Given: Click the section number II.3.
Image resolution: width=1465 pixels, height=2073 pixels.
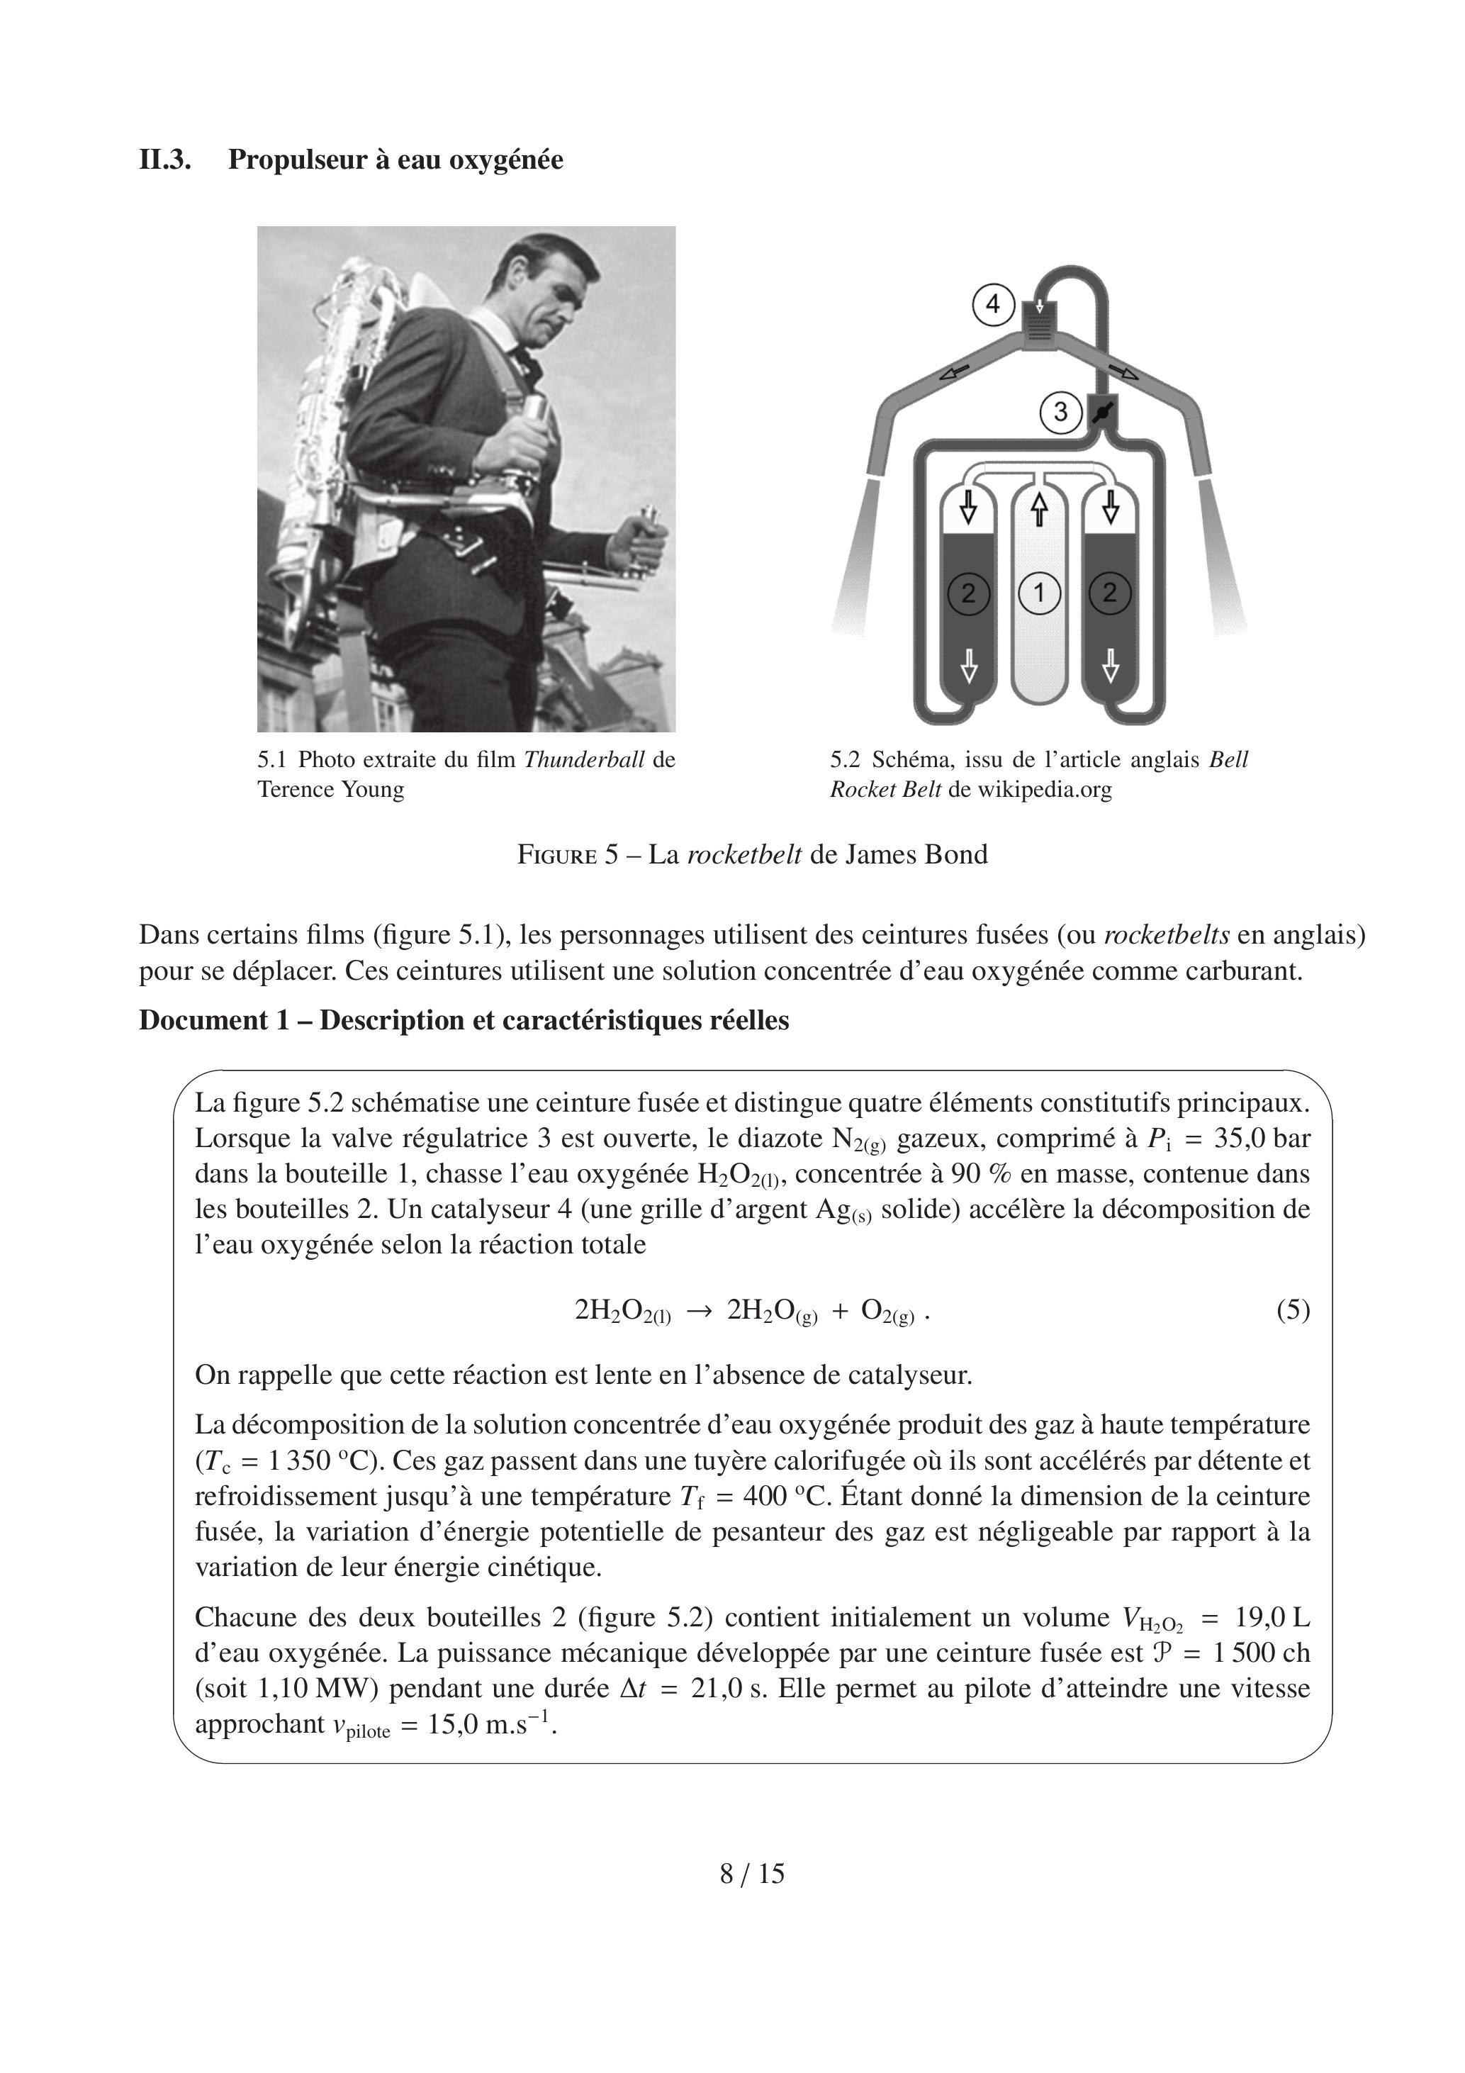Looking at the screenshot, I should (164, 160).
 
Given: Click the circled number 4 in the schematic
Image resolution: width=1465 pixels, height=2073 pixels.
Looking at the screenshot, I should (993, 304).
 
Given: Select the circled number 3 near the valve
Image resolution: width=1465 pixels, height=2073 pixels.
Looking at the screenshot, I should (1060, 412).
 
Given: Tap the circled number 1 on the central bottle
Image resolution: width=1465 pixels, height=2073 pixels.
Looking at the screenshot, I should (1039, 593).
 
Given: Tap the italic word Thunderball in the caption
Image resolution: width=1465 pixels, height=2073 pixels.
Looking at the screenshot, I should (583, 759).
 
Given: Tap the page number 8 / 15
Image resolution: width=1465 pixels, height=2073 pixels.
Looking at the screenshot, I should (752, 1874).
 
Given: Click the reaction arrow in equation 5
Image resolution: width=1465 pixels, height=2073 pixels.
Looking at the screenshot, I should (700, 1311).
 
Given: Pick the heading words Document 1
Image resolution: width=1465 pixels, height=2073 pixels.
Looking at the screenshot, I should (204, 1020).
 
